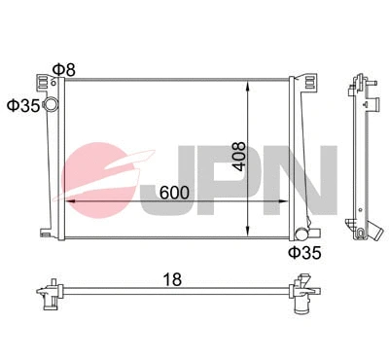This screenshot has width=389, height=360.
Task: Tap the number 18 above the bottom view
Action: tap(171, 279)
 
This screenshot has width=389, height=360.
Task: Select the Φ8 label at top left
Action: tap(62, 69)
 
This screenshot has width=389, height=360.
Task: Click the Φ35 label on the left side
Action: tap(22, 105)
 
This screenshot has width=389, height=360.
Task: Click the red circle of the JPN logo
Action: tap(97, 175)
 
